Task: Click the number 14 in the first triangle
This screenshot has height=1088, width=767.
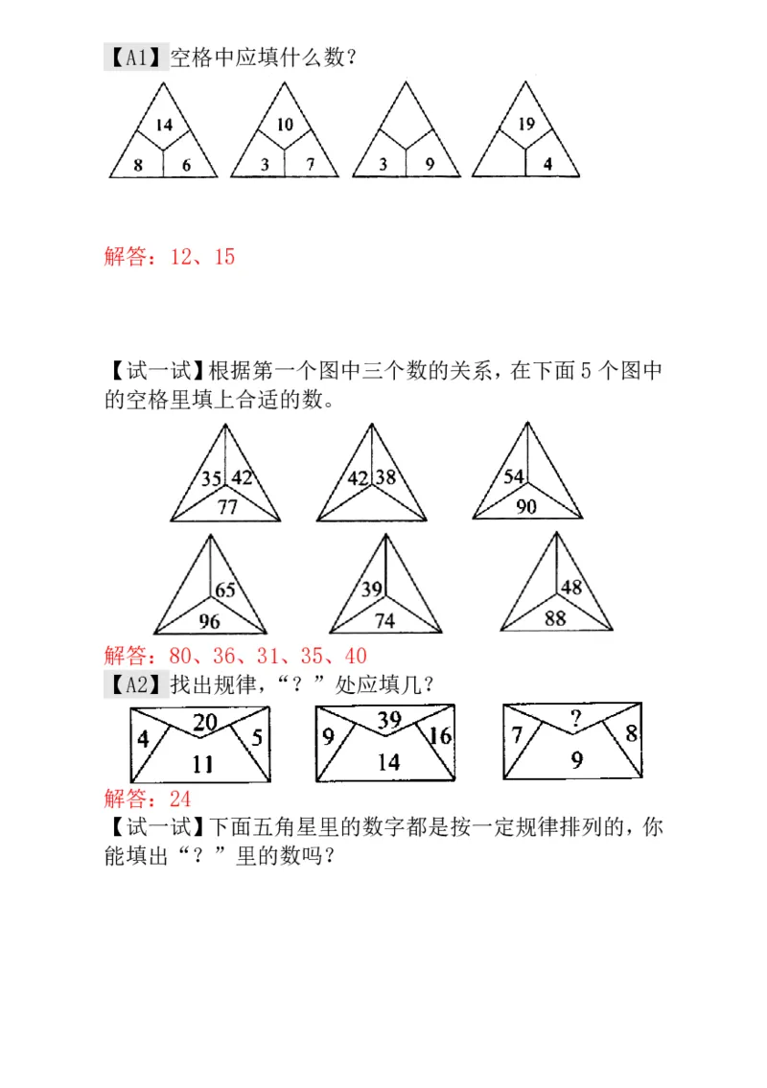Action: coord(164,124)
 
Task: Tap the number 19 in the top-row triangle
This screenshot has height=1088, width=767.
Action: coord(525,123)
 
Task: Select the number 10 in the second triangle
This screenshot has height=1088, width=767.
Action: coord(285,124)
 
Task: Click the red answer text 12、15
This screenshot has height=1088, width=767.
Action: coord(170,256)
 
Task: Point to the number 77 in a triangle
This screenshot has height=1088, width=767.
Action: coord(227,507)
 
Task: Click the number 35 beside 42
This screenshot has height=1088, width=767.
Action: coord(212,477)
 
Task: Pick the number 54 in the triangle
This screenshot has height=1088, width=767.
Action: coord(514,476)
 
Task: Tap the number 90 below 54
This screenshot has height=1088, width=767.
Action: coord(525,506)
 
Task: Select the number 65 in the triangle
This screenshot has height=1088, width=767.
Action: coord(224,590)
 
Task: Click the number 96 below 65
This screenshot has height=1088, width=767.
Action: coord(209,621)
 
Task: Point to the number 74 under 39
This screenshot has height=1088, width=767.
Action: coord(384,621)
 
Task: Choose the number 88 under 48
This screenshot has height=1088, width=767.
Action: coord(555,617)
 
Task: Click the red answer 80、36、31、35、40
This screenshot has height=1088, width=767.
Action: coord(235,657)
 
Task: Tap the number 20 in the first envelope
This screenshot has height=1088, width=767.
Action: coord(204,723)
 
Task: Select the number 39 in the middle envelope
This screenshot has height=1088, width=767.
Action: coord(389,721)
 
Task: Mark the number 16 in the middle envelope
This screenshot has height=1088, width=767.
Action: coord(440,736)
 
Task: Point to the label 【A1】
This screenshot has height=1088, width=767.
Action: coord(134,58)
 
